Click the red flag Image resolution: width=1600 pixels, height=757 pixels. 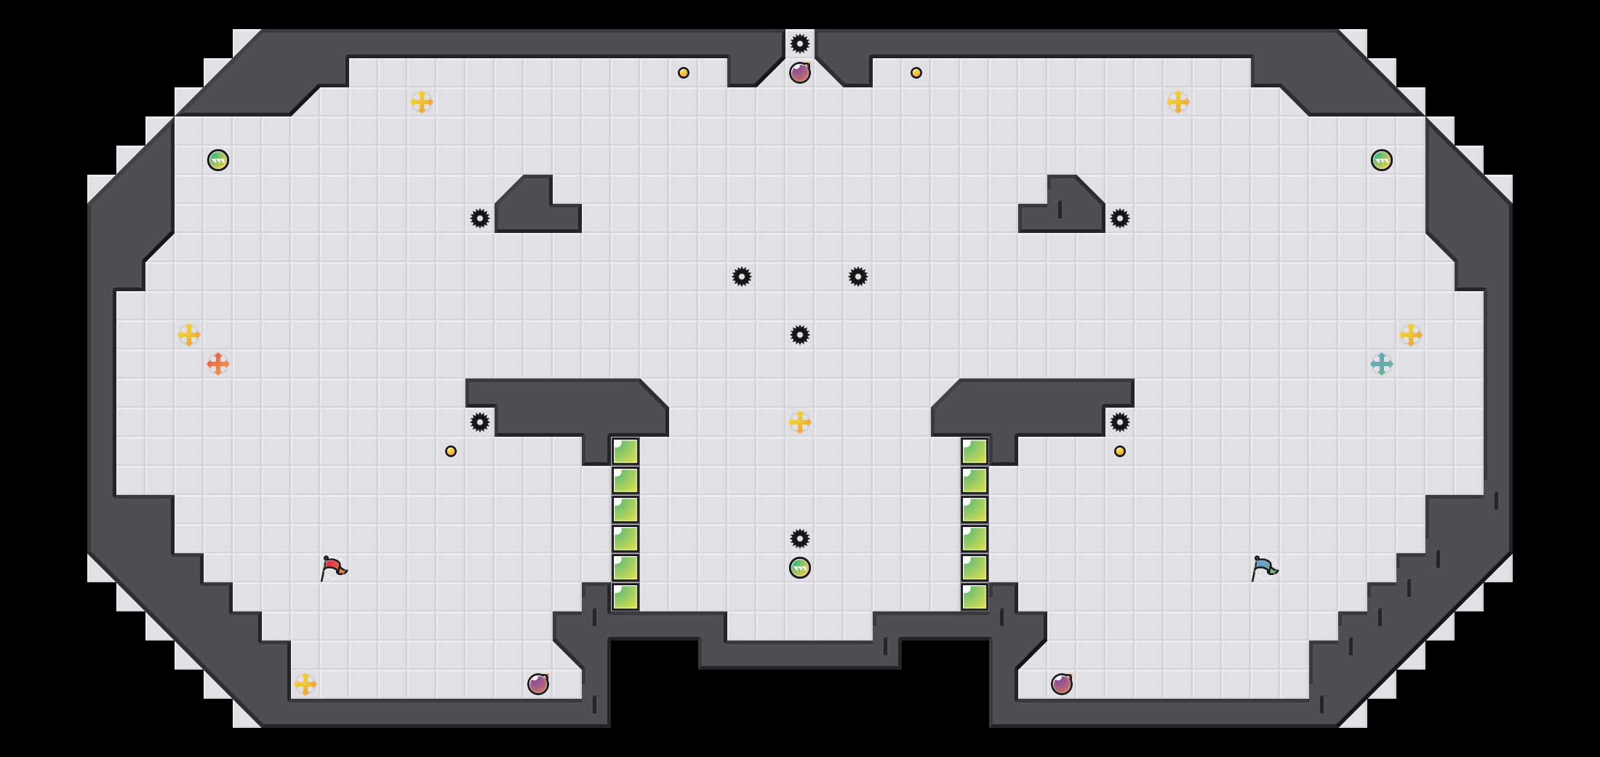333,568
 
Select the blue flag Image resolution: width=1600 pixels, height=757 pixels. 1264,568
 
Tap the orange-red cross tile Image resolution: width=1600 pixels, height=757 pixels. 218,364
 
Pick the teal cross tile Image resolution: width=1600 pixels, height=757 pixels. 1382,364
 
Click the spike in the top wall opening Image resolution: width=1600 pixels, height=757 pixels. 800,44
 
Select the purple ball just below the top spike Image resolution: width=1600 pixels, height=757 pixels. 800,73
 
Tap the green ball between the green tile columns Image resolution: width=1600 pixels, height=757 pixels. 800,568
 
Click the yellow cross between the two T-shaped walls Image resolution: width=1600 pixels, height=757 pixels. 800,422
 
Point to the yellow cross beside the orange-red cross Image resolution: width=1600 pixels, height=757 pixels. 189,335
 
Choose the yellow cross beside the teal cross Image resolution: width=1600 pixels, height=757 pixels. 1411,335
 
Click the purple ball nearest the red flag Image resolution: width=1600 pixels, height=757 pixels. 538,684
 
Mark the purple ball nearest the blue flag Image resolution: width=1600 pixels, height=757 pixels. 1062,684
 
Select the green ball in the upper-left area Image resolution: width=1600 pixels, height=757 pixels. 218,160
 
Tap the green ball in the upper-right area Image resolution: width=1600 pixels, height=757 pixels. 1382,160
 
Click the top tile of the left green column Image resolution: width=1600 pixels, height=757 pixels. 625,451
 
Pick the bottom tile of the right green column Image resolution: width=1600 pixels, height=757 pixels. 975,597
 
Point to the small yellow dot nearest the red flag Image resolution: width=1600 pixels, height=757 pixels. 451,451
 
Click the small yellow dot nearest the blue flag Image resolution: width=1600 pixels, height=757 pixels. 1120,451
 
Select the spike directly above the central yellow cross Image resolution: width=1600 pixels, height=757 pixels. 800,335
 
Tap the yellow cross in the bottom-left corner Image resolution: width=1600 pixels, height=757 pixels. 305,684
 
